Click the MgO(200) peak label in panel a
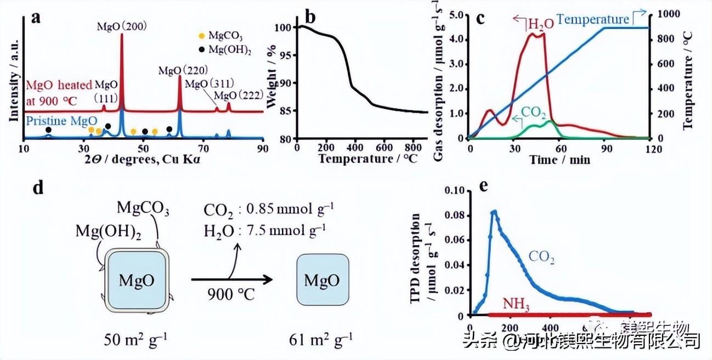tap(121, 26)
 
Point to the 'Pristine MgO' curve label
tap(55, 119)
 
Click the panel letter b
tap(310, 18)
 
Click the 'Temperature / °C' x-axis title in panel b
tap(363, 160)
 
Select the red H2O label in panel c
tap(538, 25)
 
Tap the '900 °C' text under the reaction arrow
tap(231, 295)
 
